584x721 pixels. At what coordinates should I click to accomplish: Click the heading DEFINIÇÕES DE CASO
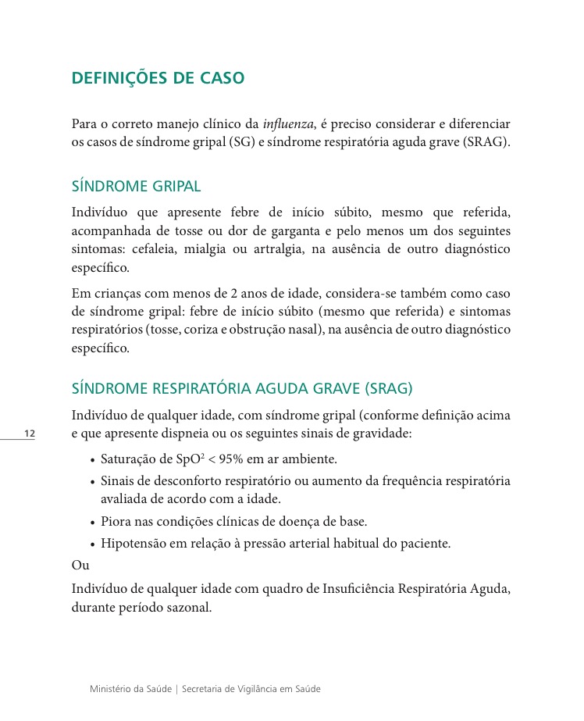coord(158,78)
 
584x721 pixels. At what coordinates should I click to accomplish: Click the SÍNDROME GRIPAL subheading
coord(136,187)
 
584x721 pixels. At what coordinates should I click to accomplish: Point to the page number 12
coord(30,434)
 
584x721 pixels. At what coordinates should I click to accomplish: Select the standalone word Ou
coord(80,565)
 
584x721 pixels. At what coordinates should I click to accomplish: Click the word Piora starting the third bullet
coord(116,521)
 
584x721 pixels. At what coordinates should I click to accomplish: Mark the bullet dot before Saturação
coord(93,459)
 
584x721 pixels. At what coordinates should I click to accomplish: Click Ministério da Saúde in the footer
coord(130,689)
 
